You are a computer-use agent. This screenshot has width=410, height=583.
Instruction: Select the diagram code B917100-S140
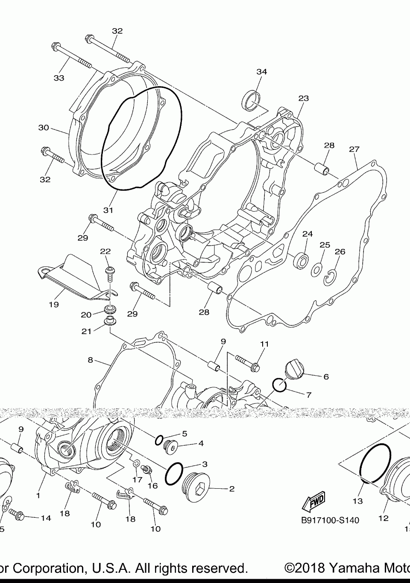point(330,520)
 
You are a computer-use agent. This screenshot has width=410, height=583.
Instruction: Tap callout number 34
point(261,72)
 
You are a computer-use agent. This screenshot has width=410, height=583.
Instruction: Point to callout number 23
point(303,99)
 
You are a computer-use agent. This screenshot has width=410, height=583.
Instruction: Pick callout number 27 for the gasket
point(354,149)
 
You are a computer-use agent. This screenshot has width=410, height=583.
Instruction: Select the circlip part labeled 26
point(330,277)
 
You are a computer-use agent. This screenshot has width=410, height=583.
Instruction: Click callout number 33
point(59,78)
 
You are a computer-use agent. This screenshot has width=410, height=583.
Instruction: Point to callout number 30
point(44,128)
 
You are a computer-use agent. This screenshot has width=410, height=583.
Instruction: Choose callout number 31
point(108,210)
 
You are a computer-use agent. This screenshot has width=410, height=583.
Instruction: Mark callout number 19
point(53,305)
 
